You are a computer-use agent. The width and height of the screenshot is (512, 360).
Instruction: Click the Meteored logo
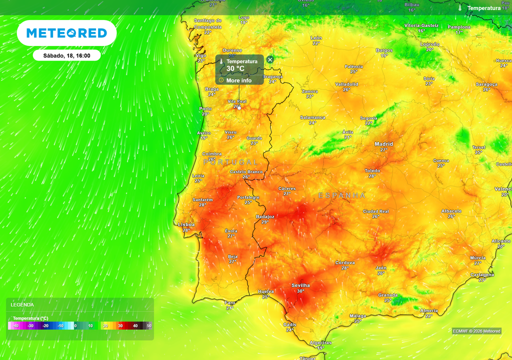click(66, 33)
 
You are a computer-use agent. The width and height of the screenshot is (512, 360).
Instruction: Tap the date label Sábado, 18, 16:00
click(66, 55)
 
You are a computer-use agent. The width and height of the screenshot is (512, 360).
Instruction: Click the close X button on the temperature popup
click(270, 59)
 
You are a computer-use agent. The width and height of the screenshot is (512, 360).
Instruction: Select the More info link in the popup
click(238, 80)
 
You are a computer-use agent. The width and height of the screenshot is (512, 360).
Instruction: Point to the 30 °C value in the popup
click(235, 69)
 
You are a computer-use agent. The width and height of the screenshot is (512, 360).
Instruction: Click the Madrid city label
click(383, 144)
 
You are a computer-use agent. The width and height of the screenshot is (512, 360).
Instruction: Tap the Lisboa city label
click(187, 225)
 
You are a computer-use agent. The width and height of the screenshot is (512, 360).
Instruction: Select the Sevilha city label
click(300, 285)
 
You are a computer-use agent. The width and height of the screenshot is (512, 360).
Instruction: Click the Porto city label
click(205, 108)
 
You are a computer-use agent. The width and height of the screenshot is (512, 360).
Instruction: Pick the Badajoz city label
click(265, 216)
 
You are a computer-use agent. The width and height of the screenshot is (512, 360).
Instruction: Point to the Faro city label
click(230, 302)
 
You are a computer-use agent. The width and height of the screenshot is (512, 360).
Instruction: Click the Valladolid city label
click(346, 84)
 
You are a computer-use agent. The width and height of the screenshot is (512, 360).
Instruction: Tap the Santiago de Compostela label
click(207, 23)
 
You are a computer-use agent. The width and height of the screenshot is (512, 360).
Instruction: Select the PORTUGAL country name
click(231, 162)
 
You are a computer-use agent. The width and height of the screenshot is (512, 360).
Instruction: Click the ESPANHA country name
click(342, 195)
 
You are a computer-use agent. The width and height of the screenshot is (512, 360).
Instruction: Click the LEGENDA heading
click(22, 304)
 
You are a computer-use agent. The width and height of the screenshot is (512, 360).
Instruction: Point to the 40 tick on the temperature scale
click(135, 326)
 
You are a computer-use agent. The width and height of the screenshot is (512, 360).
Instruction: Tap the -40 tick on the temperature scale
click(16, 326)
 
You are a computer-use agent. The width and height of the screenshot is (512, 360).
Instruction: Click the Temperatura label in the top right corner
click(483, 8)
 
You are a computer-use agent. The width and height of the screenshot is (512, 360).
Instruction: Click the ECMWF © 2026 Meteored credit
click(476, 331)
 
